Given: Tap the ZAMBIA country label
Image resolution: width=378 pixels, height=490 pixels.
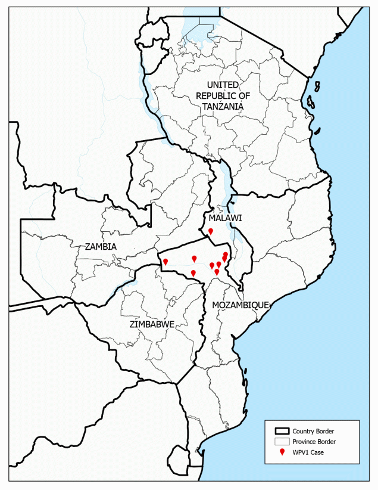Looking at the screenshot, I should point(101,246).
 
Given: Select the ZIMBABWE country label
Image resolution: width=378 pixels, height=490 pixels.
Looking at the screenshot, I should point(151,324).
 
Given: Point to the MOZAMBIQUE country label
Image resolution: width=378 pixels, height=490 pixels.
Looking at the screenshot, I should point(241,304).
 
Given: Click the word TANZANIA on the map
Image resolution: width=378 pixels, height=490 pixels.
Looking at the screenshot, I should point(223,106).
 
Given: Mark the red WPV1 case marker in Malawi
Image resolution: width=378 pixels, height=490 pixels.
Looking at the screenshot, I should point(211,231).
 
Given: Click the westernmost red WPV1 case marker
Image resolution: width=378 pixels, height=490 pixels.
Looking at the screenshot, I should point(165,262).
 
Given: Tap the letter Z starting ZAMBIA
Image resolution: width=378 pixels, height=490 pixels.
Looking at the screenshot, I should point(88,246).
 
